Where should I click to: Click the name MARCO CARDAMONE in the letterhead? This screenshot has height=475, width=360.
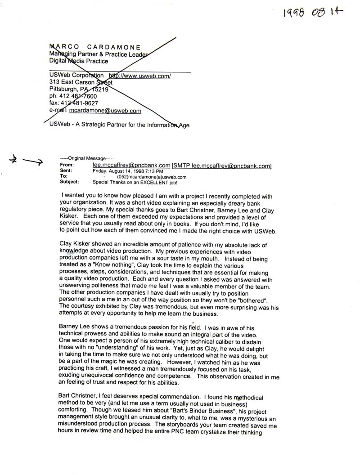click(x=95, y=47)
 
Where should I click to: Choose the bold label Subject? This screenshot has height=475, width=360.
click(x=69, y=182)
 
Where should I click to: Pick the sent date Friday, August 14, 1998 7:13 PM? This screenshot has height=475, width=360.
click(x=128, y=171)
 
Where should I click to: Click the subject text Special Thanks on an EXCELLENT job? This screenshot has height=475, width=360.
click(x=135, y=182)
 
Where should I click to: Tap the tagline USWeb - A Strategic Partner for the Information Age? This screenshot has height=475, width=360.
click(x=119, y=125)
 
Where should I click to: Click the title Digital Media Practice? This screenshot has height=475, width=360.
click(x=79, y=61)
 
